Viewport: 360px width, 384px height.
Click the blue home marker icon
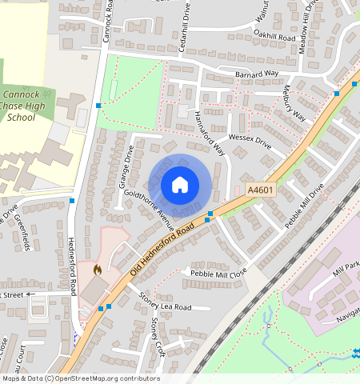point(180,186)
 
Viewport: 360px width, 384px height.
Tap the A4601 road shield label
point(260,190)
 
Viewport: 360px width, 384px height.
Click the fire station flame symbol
point(98,271)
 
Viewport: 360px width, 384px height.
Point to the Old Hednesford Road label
point(162,244)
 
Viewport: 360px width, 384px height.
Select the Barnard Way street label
point(257,74)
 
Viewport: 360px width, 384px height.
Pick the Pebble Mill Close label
point(218,273)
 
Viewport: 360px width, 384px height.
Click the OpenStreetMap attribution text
point(80,378)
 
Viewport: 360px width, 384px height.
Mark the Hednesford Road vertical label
point(71,261)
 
